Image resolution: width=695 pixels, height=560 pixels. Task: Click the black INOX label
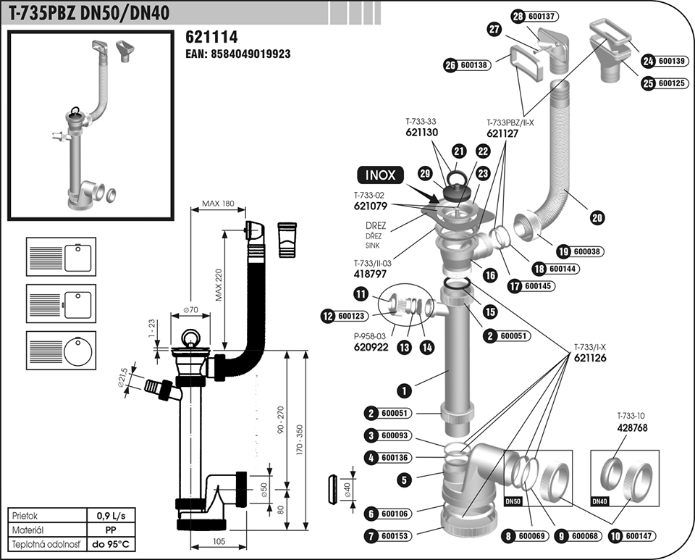[x=380, y=175]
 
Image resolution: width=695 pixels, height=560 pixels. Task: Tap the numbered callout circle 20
[x=597, y=218]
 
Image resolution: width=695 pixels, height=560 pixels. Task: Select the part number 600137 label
[x=542, y=17]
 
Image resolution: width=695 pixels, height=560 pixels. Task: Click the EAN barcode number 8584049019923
[x=250, y=54]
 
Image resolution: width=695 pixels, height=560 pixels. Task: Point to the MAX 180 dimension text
[x=218, y=204]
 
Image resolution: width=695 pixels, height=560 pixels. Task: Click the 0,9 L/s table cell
[x=111, y=516]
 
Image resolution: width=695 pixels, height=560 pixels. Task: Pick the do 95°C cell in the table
[x=111, y=544]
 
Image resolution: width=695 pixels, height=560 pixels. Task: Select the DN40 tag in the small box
[x=599, y=501]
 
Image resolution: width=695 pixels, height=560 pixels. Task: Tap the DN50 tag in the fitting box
[x=513, y=501]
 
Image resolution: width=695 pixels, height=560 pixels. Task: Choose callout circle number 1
[x=404, y=390]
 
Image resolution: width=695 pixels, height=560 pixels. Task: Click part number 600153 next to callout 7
[x=395, y=536]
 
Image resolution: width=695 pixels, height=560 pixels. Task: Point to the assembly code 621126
[x=589, y=358]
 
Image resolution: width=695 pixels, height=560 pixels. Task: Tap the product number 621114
[x=211, y=37]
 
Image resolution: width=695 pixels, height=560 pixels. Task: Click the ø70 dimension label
[x=190, y=309]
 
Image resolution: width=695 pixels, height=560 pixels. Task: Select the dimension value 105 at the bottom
[x=219, y=541]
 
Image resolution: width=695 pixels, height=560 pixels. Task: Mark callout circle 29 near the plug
[x=425, y=173]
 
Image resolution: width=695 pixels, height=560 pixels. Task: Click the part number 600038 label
[x=587, y=252]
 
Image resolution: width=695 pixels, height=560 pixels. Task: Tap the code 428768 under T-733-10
[x=632, y=427]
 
